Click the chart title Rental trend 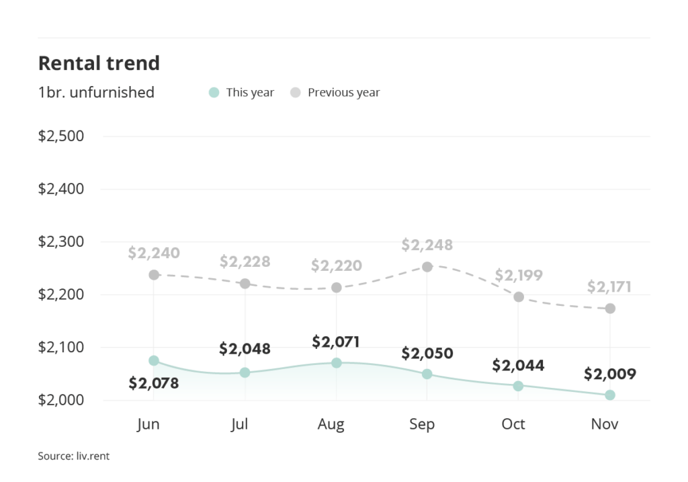point(99,63)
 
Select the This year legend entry point(242,93)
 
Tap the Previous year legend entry point(335,93)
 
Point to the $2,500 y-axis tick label point(60,136)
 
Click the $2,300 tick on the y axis point(60,242)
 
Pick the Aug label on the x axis point(331,424)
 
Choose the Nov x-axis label point(605,424)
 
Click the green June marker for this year point(154,361)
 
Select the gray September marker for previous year point(427,267)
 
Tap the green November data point point(610,395)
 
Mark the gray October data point point(519,296)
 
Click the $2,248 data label point(427,245)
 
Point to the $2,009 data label point(609,374)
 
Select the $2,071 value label point(336,342)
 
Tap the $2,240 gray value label point(154,253)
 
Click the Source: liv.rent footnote point(74,456)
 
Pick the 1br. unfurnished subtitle point(96,93)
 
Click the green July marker point(245,372)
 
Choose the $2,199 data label point(519,275)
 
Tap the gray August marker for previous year point(337,288)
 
